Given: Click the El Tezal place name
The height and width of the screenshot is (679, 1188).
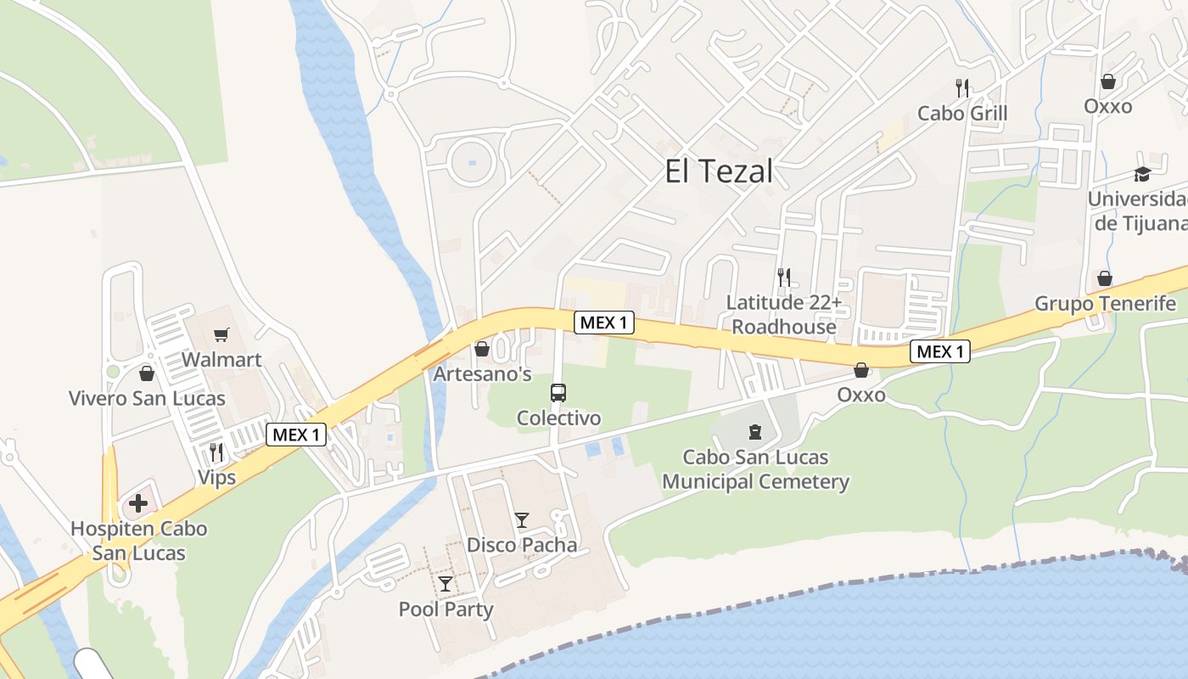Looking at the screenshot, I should (719, 171).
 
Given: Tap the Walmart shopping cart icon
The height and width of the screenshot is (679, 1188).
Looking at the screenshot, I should (221, 335).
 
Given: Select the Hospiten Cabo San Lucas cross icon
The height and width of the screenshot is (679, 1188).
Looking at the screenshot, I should (137, 503).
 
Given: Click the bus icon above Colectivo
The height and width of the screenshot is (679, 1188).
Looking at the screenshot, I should (558, 393).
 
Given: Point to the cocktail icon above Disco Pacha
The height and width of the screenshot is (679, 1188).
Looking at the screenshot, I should (522, 520).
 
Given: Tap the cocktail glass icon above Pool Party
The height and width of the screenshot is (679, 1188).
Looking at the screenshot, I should (445, 584).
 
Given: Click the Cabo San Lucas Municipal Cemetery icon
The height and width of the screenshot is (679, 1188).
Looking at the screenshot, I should (755, 432).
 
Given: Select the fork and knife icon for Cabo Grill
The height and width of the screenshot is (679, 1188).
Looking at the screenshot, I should (962, 87).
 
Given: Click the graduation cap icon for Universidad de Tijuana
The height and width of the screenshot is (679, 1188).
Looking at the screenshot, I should (1142, 174).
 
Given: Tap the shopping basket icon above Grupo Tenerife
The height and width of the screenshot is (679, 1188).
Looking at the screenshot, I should (1105, 278).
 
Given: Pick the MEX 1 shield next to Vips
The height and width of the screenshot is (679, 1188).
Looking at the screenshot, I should (296, 435).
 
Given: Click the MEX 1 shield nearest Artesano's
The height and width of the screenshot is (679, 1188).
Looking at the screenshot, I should (603, 323).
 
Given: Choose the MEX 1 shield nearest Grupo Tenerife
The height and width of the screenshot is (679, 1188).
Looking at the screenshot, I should (940, 351).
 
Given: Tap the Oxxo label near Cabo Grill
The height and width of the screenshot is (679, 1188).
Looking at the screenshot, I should (1107, 106).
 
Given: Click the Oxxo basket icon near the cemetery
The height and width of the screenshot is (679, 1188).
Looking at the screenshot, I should (861, 370).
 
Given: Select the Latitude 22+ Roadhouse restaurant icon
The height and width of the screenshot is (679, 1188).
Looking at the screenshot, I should (784, 277).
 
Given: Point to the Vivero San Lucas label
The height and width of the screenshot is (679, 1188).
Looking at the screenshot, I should (147, 398).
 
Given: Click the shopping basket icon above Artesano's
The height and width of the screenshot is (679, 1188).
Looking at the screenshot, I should (482, 349).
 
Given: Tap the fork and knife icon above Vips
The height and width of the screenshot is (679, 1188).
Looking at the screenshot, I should (216, 452).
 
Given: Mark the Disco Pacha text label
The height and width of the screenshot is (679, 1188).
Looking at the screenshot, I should (522, 545).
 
